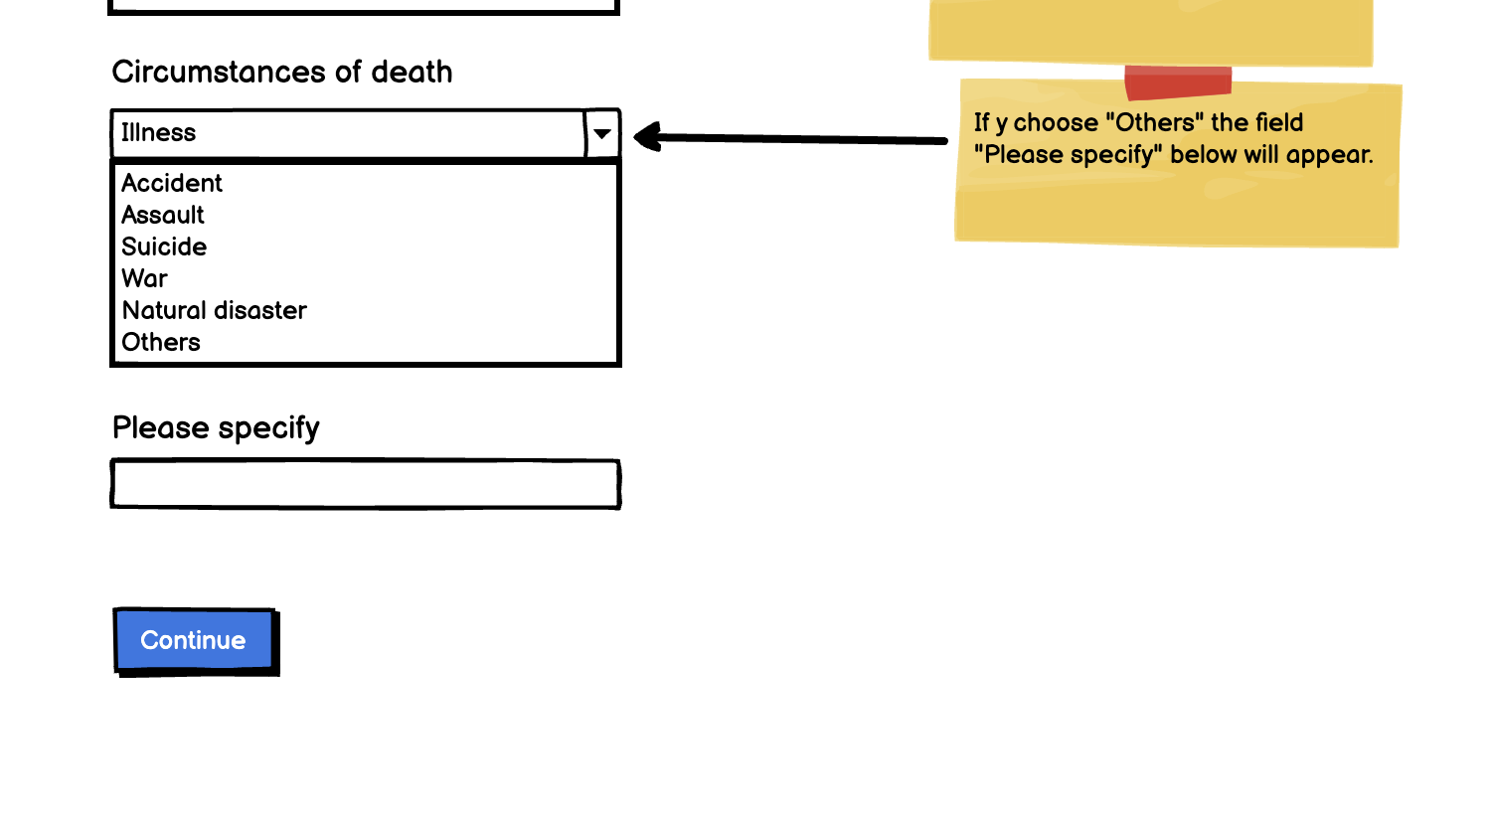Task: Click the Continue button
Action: tap(194, 640)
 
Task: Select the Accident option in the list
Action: tap(172, 184)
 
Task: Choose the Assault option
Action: tap(163, 216)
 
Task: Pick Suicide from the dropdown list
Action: tap(164, 247)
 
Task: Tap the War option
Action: tap(145, 279)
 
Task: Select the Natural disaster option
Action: tap(214, 311)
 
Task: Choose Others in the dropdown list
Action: tap(161, 343)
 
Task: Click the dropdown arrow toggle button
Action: tap(602, 134)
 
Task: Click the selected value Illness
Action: tap(159, 133)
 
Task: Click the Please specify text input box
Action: tap(365, 485)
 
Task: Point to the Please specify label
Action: tap(216, 428)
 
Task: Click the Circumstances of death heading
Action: tap(282, 73)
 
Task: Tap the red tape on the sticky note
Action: tap(1178, 82)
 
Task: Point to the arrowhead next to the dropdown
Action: tap(648, 137)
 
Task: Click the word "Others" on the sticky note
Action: tap(1155, 123)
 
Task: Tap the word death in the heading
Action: tap(412, 73)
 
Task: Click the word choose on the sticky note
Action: tap(1056, 123)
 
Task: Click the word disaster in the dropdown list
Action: tap(262, 311)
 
